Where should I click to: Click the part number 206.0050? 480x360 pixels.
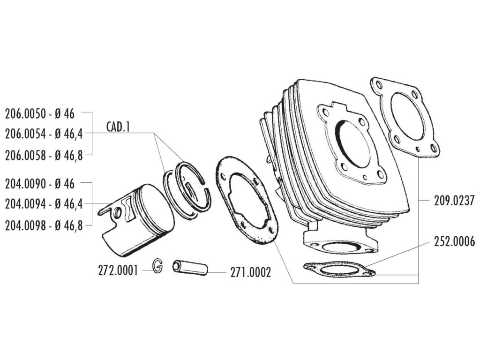(26, 113)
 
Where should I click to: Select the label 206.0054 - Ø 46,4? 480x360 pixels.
(44, 134)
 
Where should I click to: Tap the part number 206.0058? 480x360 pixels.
(26, 155)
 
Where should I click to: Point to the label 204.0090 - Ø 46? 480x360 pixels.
(39, 184)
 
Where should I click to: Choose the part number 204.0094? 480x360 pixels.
(26, 204)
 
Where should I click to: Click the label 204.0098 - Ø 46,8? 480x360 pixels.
(44, 225)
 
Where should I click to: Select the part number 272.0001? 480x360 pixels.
(118, 271)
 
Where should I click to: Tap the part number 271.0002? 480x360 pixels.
(250, 273)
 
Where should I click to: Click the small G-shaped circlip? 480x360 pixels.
(158, 266)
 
